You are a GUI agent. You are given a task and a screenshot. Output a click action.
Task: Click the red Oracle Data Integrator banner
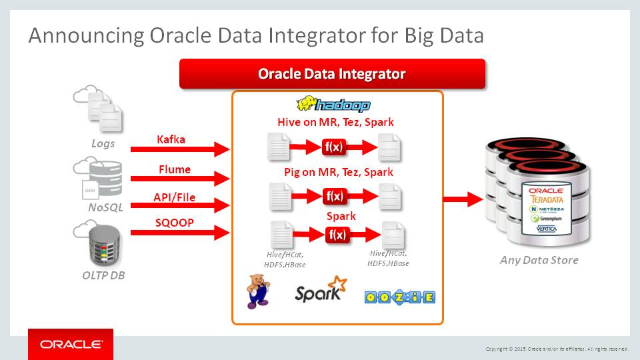coord(332,74)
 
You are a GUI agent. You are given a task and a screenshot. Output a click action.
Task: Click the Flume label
coord(175,169)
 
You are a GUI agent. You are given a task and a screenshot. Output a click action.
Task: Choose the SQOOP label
coord(175,222)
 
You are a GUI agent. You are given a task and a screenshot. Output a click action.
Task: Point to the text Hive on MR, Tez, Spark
coord(335,122)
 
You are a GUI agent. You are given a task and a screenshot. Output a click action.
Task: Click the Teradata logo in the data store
coord(547,198)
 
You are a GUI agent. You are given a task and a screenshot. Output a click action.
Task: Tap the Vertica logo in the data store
coord(547,229)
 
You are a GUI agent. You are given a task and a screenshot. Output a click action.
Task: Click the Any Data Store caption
coord(539,260)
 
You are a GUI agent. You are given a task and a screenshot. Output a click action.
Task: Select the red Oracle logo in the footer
coord(71,345)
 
